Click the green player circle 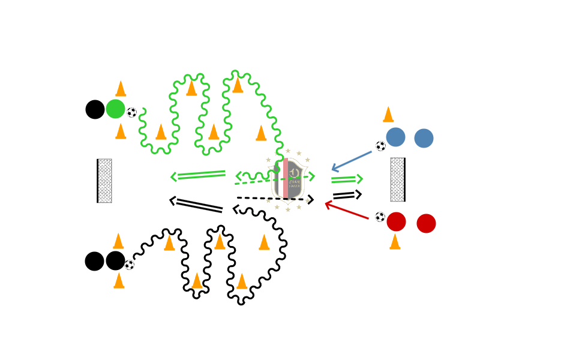point(115,109)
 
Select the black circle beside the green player point(95,109)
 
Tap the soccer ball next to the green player point(132,112)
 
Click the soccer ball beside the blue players point(380,146)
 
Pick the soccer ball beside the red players point(380,217)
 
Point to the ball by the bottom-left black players point(130,265)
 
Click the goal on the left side point(104,181)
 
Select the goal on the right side point(398,179)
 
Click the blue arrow point(352,161)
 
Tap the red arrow point(347,211)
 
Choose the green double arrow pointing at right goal point(347,179)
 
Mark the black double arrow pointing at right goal point(347,195)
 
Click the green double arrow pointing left point(198,175)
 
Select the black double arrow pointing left point(196,205)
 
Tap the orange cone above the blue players point(388,114)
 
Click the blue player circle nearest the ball point(395,137)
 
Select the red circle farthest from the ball point(426,223)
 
